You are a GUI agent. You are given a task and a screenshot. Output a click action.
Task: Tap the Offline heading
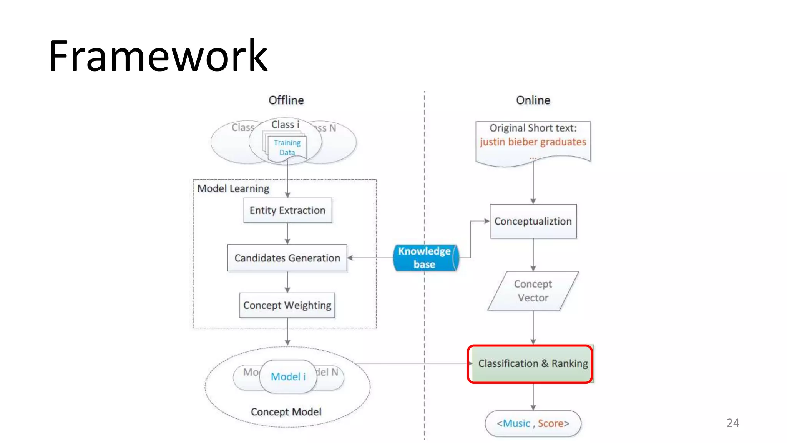pyautogui.click(x=286, y=100)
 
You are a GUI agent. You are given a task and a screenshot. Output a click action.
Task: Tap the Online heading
pyautogui.click(x=533, y=100)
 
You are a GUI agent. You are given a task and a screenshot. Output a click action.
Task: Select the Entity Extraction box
pyautogui.click(x=287, y=210)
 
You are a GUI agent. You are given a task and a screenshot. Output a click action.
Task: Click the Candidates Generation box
pyautogui.click(x=287, y=258)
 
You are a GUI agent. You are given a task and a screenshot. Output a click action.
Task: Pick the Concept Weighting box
pyautogui.click(x=287, y=305)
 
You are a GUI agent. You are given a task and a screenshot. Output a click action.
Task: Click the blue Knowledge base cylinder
pyautogui.click(x=424, y=258)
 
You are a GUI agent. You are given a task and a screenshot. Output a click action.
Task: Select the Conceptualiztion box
pyautogui.click(x=533, y=221)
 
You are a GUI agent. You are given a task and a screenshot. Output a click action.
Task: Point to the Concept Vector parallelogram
pyautogui.click(x=533, y=291)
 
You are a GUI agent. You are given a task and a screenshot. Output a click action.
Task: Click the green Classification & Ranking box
pyautogui.click(x=533, y=363)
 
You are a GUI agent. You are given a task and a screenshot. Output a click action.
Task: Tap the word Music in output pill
pyautogui.click(x=516, y=423)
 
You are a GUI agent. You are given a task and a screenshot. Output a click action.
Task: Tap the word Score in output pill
pyautogui.click(x=550, y=423)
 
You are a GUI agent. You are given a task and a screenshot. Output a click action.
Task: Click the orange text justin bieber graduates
pyautogui.click(x=533, y=142)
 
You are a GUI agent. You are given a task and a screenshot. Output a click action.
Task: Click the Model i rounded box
pyautogui.click(x=288, y=376)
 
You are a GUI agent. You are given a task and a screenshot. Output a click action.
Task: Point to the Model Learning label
pyautogui.click(x=233, y=188)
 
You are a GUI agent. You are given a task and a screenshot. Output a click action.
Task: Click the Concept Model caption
pyautogui.click(x=286, y=412)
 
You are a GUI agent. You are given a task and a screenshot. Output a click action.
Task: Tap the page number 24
pyautogui.click(x=732, y=423)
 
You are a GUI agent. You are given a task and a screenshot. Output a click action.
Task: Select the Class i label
pyautogui.click(x=285, y=125)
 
